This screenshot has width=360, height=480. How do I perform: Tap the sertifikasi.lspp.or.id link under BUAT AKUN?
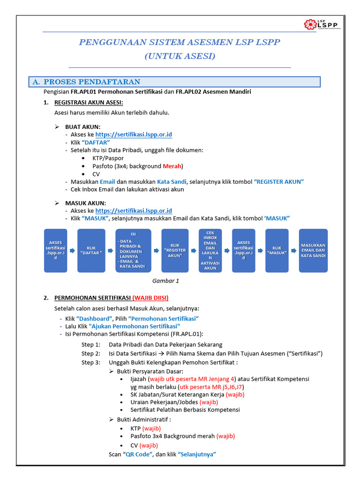click(x=134, y=135)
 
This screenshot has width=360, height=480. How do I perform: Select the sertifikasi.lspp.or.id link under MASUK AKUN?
click(x=134, y=211)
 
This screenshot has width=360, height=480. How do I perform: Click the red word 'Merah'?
click(x=172, y=166)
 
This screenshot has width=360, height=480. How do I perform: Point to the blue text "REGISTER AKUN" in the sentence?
click(x=279, y=181)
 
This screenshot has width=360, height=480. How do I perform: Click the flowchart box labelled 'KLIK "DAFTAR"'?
click(x=91, y=250)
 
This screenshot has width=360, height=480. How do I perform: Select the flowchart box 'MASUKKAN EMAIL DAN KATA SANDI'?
click(x=313, y=250)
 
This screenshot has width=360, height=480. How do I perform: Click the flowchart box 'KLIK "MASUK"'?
click(x=277, y=250)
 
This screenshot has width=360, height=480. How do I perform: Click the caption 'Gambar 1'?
click(x=166, y=281)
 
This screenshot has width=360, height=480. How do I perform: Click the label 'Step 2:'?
click(x=91, y=353)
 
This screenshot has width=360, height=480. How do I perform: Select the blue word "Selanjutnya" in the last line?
click(x=196, y=454)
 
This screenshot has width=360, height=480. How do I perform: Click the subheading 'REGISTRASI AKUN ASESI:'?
click(x=89, y=102)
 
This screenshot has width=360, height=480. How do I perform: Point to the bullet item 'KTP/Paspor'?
click(x=108, y=158)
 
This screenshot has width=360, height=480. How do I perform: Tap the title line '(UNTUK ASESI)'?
click(x=180, y=56)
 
